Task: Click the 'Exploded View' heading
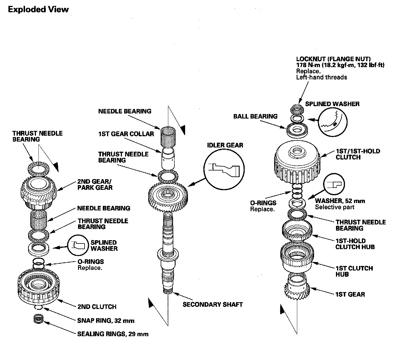(x=38, y=10)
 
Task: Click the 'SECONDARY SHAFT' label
(x=213, y=304)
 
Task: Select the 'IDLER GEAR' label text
(x=225, y=145)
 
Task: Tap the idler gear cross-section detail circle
(x=224, y=169)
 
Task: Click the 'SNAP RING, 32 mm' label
(x=106, y=320)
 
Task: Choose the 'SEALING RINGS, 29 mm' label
(x=113, y=334)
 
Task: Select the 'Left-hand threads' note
(x=321, y=77)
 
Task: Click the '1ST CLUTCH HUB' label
(x=354, y=271)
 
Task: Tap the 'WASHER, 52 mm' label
(x=340, y=201)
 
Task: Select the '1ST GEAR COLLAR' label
(x=126, y=134)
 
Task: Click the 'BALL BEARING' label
(x=255, y=116)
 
